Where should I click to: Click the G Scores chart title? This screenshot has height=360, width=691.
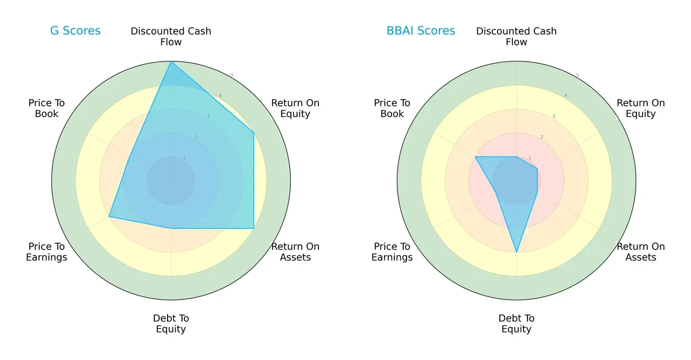(x=75, y=31)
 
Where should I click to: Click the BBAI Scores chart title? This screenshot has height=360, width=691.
(x=420, y=31)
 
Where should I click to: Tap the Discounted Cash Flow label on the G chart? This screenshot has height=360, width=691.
(x=171, y=36)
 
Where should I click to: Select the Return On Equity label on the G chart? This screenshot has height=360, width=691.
(x=295, y=108)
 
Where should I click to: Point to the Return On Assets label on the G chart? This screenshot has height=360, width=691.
(x=295, y=252)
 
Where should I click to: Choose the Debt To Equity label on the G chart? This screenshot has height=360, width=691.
(x=171, y=324)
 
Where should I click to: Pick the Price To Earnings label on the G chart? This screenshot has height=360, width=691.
(x=47, y=252)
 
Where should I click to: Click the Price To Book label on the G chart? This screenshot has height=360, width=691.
(x=47, y=108)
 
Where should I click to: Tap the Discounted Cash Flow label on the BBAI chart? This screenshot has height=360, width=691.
(x=517, y=36)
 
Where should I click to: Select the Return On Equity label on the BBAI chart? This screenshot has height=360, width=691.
(x=640, y=108)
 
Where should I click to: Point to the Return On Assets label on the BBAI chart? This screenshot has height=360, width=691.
(x=640, y=252)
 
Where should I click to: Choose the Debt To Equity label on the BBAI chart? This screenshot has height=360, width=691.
(x=517, y=324)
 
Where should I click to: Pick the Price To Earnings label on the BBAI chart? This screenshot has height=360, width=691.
(x=392, y=252)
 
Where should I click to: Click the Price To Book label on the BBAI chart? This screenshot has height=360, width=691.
(x=392, y=108)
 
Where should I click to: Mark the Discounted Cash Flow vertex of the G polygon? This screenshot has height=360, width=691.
(x=171, y=62)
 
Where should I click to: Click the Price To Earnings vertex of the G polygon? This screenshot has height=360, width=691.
(x=109, y=217)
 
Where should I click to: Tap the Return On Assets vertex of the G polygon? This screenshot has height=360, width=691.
(x=254, y=228)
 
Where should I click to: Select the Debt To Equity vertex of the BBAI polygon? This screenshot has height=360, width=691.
(x=517, y=252)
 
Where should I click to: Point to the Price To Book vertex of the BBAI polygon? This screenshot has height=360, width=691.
(x=476, y=157)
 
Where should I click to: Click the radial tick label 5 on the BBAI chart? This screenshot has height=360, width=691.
(x=578, y=75)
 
